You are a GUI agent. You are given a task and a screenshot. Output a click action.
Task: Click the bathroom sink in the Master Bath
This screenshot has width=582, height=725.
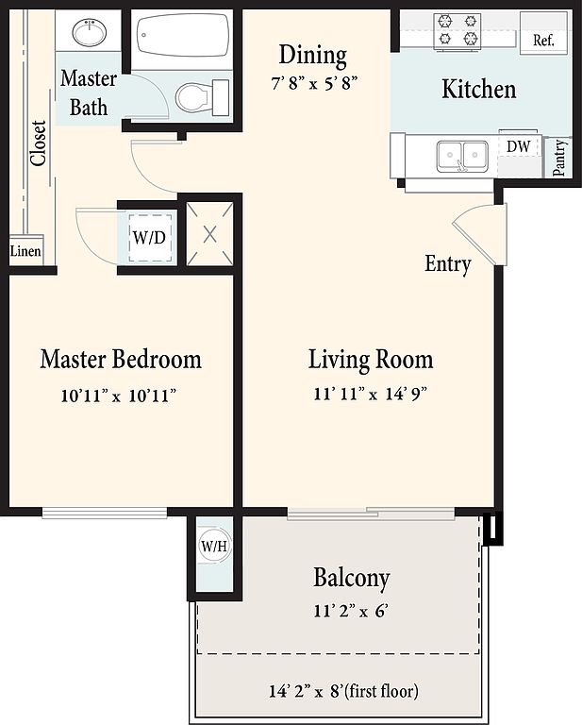(x=90, y=32)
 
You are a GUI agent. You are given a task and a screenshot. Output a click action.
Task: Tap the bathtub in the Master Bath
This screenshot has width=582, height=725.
(x=183, y=36)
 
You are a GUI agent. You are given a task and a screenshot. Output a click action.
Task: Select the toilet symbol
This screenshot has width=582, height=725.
(x=202, y=97)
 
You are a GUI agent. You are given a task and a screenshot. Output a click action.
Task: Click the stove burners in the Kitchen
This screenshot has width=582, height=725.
(x=457, y=30)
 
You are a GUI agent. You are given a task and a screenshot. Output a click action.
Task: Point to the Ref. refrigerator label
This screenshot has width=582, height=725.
(x=543, y=41)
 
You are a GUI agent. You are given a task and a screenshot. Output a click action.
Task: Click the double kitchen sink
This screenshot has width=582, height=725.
(x=462, y=155)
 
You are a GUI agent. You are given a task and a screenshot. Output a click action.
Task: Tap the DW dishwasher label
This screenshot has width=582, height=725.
(x=518, y=146)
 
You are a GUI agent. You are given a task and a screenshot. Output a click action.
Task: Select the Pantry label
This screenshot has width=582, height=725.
(x=559, y=158)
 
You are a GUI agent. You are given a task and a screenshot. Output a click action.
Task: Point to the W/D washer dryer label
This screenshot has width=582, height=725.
(x=149, y=237)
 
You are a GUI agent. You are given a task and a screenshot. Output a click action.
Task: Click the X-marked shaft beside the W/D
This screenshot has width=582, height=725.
(x=209, y=234)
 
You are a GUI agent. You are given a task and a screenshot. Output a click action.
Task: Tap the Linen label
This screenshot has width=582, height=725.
(x=25, y=251)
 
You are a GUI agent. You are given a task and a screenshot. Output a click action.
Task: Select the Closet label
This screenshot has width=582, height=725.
(x=39, y=143)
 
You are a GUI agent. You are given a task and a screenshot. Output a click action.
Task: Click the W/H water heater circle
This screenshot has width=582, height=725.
(x=214, y=546)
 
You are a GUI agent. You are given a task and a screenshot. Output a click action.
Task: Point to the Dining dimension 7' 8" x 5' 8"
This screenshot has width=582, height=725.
(x=314, y=84)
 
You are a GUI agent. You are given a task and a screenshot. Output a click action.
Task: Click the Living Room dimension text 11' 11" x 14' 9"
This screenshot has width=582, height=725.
(x=370, y=394)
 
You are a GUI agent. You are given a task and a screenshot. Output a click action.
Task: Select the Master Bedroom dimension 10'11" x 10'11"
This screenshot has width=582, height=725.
(x=119, y=396)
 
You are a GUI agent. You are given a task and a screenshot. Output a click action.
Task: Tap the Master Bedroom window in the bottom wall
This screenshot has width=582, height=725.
(x=105, y=513)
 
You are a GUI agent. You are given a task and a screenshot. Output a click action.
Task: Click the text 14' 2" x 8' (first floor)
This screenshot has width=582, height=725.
(x=343, y=691)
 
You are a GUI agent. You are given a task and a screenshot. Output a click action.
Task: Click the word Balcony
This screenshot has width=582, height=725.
(x=352, y=578)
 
